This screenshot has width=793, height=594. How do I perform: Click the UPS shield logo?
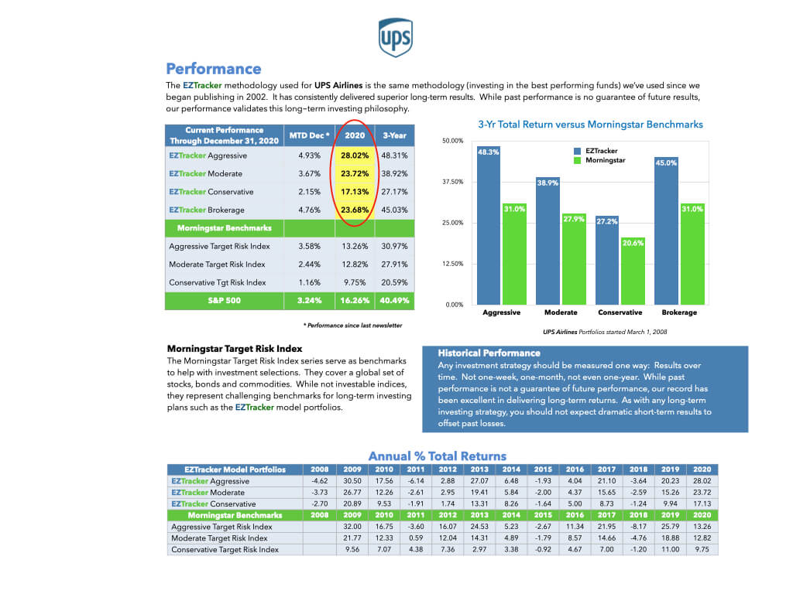click(395, 37)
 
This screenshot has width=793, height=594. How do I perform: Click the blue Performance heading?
click(214, 69)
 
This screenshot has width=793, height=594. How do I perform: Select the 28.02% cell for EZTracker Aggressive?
click(355, 155)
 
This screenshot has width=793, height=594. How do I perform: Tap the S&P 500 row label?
click(224, 300)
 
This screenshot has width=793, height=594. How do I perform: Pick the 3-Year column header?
click(395, 135)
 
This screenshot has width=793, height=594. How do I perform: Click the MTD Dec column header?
click(309, 135)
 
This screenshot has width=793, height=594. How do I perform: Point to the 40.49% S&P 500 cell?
click(395, 300)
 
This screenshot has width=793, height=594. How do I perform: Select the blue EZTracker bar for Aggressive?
click(489, 224)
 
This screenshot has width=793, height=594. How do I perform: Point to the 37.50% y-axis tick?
click(452, 182)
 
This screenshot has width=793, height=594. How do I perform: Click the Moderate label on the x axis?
click(561, 312)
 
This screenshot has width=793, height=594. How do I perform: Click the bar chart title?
click(591, 124)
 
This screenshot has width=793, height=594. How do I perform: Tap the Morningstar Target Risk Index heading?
click(235, 350)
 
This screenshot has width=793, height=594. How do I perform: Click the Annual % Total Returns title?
click(437, 456)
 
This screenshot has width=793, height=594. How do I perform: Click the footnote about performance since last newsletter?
click(352, 326)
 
